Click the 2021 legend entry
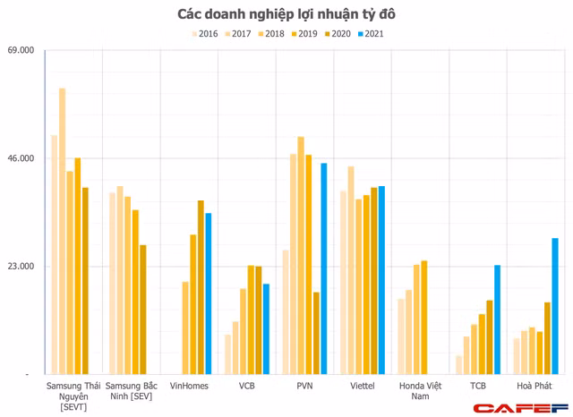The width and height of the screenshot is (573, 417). click(x=372, y=34)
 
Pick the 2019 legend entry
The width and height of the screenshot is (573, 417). click(x=305, y=34)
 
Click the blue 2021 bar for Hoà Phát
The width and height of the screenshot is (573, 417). click(x=555, y=306)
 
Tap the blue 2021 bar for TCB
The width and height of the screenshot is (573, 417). click(x=497, y=319)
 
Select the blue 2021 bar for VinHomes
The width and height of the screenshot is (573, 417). click(x=209, y=294)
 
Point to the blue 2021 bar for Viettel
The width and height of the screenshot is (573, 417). click(x=381, y=280)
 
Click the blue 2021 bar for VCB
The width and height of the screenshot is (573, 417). click(x=266, y=328)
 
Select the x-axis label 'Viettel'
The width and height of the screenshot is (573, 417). click(x=362, y=387)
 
